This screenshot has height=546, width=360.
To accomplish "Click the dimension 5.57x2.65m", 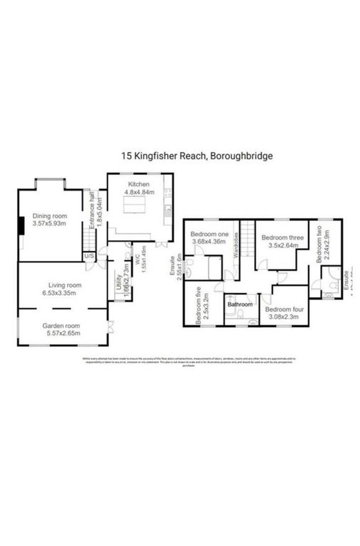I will point(60,333).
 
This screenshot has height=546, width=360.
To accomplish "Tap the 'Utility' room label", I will point(119,283).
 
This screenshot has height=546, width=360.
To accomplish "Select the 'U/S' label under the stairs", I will point(89,256).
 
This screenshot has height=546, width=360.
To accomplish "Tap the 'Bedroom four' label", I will point(285,310).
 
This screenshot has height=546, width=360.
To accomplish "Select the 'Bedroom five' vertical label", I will point(200,305).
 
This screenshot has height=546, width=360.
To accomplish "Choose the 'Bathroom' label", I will point(240,305).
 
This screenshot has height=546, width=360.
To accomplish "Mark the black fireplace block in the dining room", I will point(21,226).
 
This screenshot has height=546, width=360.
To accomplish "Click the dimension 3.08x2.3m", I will point(285,318).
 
